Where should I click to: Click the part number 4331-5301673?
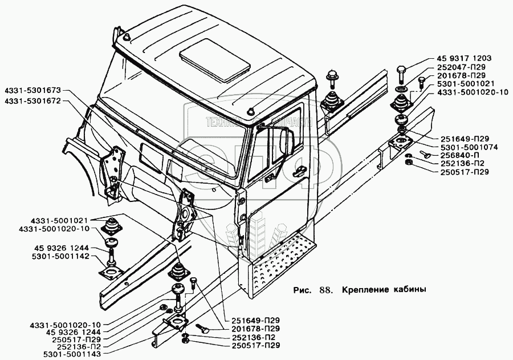coord(34,90)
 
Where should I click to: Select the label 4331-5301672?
coord(34,100)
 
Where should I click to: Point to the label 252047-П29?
coord(454,67)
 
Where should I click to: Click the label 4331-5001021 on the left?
coord(54,220)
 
